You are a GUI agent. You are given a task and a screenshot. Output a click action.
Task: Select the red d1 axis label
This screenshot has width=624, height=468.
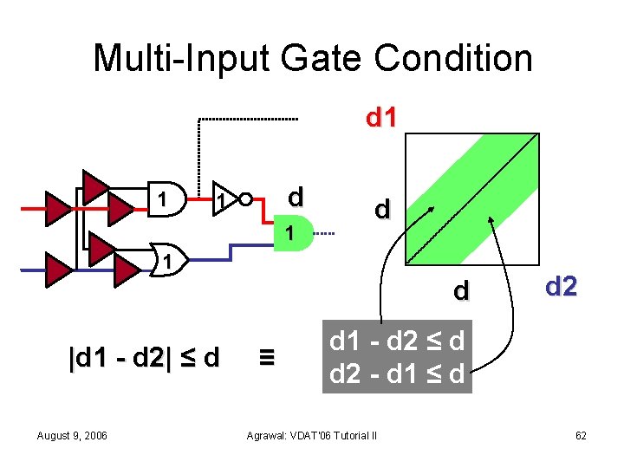tap(381, 118)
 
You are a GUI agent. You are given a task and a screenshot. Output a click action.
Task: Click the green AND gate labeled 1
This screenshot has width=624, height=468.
tap(293, 233)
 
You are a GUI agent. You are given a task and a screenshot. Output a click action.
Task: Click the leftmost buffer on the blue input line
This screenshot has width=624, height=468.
tap(58, 270)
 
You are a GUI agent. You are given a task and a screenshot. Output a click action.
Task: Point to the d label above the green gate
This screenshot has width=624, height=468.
tap(295, 198)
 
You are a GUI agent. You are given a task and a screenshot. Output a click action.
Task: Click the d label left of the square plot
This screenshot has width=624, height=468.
tap(381, 210)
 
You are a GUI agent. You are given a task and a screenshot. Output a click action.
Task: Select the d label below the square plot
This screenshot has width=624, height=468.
tap(462, 290)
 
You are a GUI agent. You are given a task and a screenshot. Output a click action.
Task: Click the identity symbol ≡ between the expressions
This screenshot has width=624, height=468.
tap(268, 356)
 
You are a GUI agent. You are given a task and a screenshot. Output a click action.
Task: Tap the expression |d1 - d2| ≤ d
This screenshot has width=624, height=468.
tap(144, 356)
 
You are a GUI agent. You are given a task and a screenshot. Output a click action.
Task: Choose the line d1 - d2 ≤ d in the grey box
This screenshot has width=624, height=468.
tap(397, 341)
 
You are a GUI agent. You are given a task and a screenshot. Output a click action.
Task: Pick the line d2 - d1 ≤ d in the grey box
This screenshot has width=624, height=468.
tap(397, 376)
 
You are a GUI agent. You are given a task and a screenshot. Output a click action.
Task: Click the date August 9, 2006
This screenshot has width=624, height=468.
tap(73, 435)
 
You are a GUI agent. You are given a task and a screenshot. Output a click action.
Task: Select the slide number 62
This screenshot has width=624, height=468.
tap(580, 435)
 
